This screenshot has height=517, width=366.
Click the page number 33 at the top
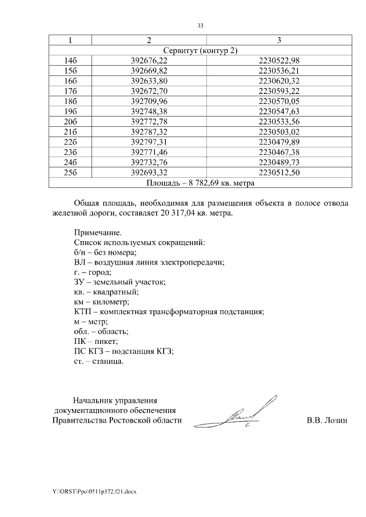pos(200,26)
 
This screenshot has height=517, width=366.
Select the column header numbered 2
pos(149,41)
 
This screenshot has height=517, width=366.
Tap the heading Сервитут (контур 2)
pos(200,51)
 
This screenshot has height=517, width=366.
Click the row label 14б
pos(70,61)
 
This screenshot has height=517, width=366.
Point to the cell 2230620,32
pos(279,81)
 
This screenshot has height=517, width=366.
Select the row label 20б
pos(70,122)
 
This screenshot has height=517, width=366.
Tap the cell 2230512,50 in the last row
pos(279,173)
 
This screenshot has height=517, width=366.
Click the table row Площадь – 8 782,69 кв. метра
pos(200,183)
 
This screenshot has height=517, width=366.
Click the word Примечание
pos(98,233)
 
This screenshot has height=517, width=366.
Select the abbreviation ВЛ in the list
pos(80,262)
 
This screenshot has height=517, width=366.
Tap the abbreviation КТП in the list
pos(83,312)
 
